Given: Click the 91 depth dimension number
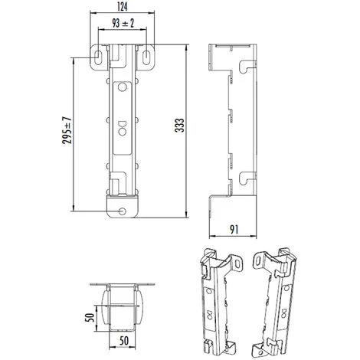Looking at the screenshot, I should click(x=234, y=227).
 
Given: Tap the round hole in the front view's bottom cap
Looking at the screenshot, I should click(x=124, y=211).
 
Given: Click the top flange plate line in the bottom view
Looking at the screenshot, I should click(x=124, y=285).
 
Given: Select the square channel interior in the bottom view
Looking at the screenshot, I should click(x=124, y=314).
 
